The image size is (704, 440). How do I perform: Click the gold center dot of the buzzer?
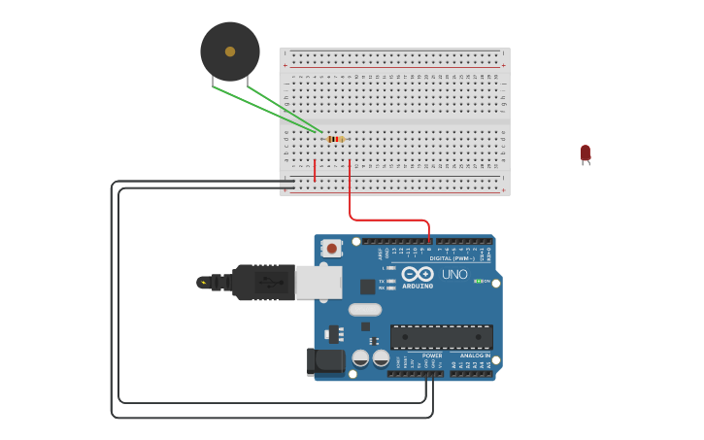(230, 51)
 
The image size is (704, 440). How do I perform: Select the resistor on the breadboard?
(335, 139)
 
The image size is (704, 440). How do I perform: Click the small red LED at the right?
(585, 153)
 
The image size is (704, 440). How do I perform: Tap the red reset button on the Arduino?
(331, 249)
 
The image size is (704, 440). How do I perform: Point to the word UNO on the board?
(454, 274)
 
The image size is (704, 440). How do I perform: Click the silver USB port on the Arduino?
(318, 282)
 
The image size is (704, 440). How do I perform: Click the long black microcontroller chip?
(441, 337)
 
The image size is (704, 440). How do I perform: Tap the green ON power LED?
(479, 281)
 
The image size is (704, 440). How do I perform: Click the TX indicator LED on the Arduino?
(390, 281)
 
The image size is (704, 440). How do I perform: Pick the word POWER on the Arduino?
(431, 355)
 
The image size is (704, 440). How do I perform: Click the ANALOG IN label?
(475, 355)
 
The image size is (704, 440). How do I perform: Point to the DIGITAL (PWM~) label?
(452, 258)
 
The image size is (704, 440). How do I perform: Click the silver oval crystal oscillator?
(365, 310)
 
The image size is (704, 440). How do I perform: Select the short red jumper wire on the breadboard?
(315, 170)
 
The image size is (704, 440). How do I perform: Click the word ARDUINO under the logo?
(418, 286)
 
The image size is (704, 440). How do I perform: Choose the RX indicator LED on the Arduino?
(390, 288)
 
